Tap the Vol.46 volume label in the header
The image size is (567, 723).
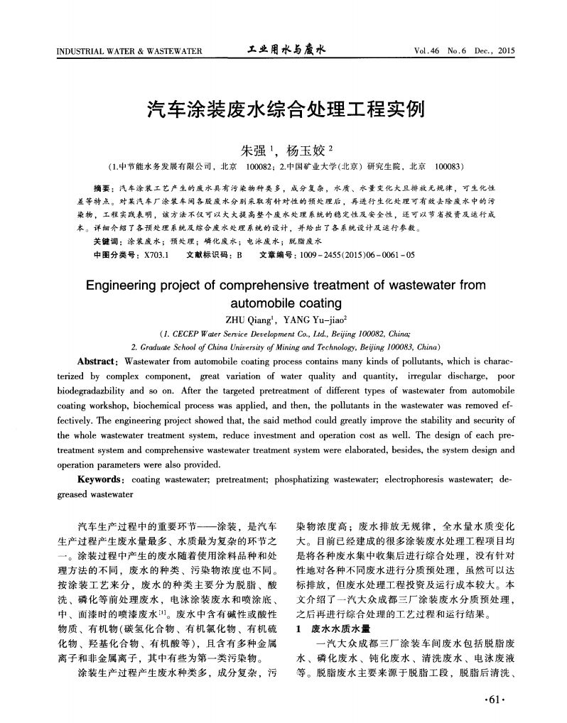click(427, 51)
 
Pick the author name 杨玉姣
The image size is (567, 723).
click(306, 150)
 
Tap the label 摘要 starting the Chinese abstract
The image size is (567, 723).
click(104, 188)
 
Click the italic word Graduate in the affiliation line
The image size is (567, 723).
click(157, 347)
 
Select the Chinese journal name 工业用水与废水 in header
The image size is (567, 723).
click(286, 50)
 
